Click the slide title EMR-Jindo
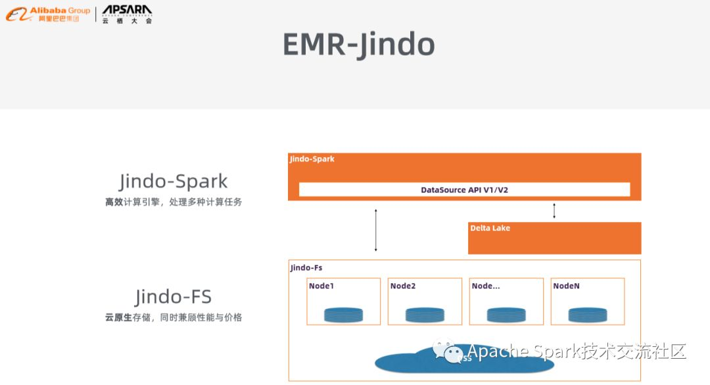[x=358, y=45]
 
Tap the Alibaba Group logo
[x=48, y=14]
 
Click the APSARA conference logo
[x=127, y=14]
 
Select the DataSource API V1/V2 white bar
[x=464, y=190]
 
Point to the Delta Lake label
[x=490, y=228]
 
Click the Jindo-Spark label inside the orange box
[x=312, y=159]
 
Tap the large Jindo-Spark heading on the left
[x=174, y=181]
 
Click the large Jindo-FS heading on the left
[x=174, y=297]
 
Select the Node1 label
[x=321, y=286]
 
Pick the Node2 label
[x=403, y=286]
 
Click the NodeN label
[x=566, y=286]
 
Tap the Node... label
[x=486, y=286]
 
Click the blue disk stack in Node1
[x=343, y=315]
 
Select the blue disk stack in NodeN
[x=587, y=315]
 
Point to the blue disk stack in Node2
[x=425, y=315]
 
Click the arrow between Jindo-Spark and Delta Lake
[x=554, y=211]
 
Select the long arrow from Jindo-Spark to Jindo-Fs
[x=375, y=230]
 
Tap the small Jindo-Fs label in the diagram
[x=306, y=268]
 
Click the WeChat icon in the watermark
[x=447, y=351]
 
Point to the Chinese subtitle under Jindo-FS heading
[x=174, y=317]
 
